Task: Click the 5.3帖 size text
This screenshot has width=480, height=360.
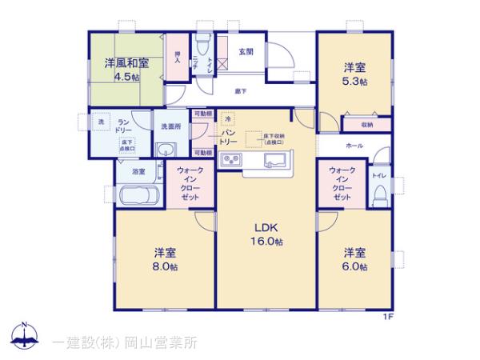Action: pos(357,82)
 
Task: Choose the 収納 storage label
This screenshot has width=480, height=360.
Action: pos(366,125)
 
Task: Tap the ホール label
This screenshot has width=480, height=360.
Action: pos(354,147)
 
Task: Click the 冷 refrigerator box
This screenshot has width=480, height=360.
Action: pos(227,118)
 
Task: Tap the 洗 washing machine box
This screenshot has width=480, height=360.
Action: pos(101,122)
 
